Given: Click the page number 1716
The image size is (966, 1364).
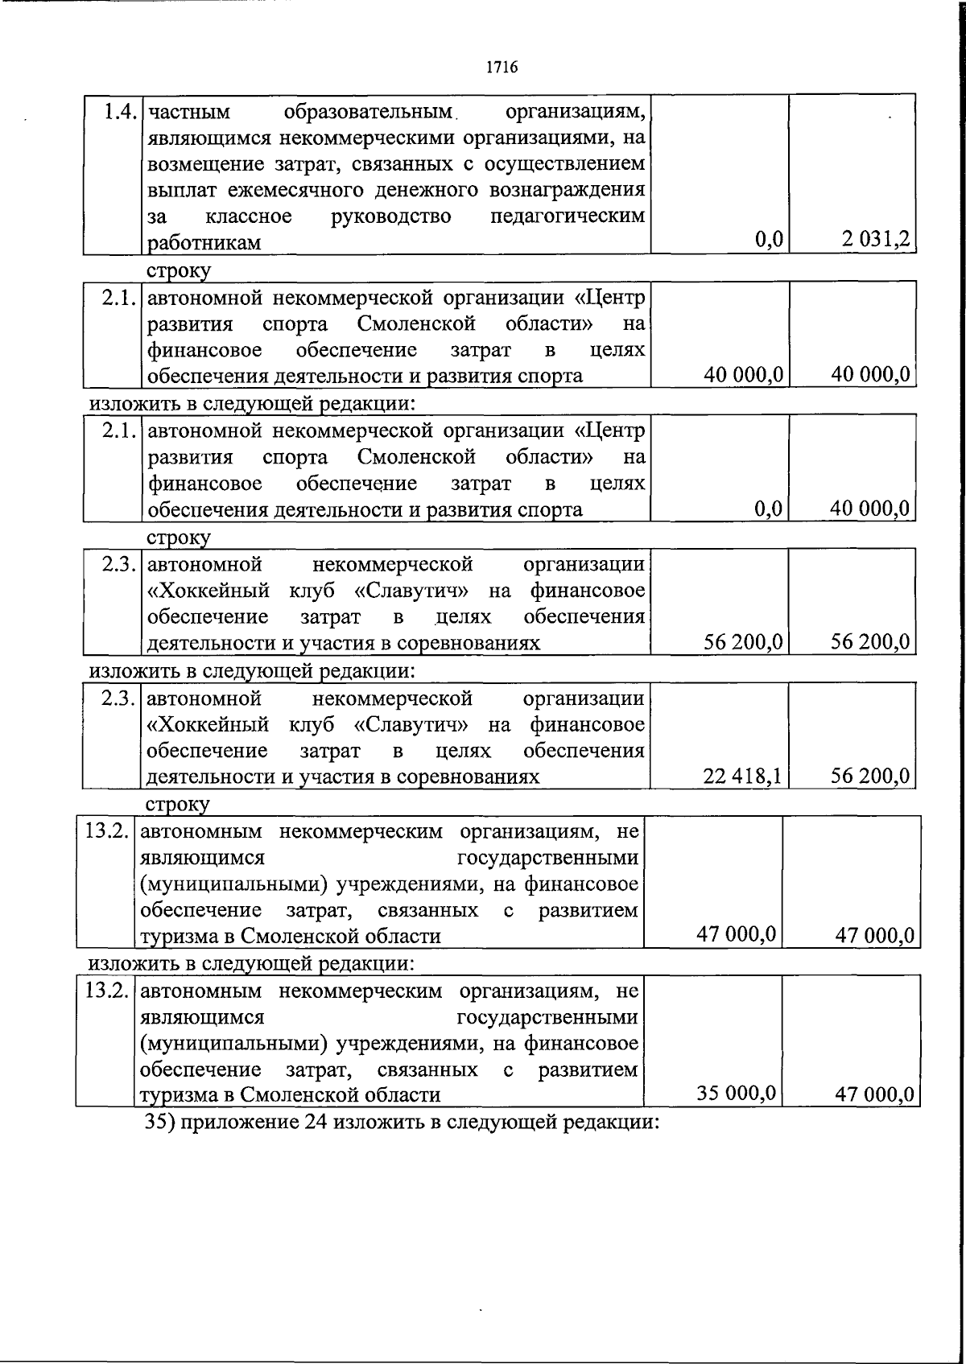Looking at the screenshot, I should pyautogui.click(x=502, y=67).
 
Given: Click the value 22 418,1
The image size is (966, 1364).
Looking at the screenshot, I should pyautogui.click(x=742, y=776).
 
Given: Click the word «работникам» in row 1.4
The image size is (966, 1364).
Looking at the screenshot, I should pyautogui.click(x=204, y=242).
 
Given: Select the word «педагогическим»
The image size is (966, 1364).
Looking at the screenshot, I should pyautogui.click(x=568, y=216).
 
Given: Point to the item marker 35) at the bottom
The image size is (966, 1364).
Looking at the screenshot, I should pyautogui.click(x=159, y=1121).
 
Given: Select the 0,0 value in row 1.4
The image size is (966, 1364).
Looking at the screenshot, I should pyautogui.click(x=770, y=239).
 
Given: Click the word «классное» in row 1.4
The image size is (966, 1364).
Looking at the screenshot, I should pyautogui.click(x=249, y=216).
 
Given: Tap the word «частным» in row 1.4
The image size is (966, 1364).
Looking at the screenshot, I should pyautogui.click(x=190, y=111).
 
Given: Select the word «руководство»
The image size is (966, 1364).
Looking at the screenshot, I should pyautogui.click(x=391, y=216).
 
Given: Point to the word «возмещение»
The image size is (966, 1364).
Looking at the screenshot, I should pyautogui.click(x=205, y=164).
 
